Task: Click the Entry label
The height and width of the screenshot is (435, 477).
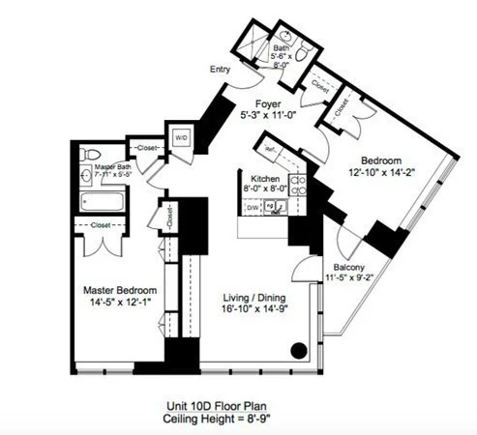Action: pos(221,69)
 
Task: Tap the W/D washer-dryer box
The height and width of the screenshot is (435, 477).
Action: pos(180,137)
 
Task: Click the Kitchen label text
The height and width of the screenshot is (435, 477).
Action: pos(266,179)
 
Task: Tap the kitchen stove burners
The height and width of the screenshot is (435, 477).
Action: pos(300,184)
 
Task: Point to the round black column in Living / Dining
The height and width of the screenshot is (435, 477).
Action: pos(301,350)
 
